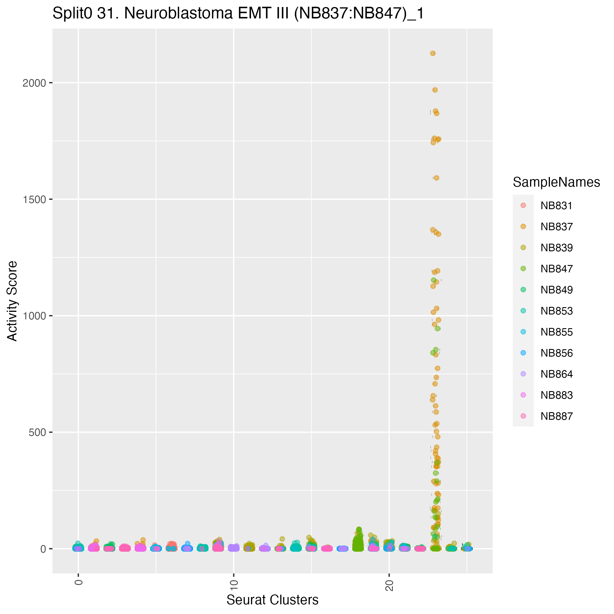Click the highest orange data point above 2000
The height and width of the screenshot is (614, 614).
(x=433, y=54)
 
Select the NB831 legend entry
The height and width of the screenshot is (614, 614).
(x=556, y=206)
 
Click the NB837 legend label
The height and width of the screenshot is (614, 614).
(x=556, y=227)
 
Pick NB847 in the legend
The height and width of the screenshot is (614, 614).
(x=556, y=269)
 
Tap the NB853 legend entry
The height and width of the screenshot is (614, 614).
(x=556, y=311)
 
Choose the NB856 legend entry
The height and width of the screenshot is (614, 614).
(x=556, y=353)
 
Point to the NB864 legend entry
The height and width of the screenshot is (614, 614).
(x=556, y=374)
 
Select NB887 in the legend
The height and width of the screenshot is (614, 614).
(x=556, y=416)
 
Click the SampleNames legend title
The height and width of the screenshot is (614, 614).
(x=556, y=183)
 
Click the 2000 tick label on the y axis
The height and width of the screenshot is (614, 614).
(x=34, y=83)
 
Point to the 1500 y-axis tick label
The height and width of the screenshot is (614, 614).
(x=34, y=199)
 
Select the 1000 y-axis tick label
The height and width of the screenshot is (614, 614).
(x=34, y=316)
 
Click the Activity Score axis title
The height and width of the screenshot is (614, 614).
(x=12, y=301)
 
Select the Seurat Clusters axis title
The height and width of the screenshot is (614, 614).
(x=272, y=600)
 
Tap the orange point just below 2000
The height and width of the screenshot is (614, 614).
(x=435, y=90)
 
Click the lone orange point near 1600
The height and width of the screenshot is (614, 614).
(x=436, y=178)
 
